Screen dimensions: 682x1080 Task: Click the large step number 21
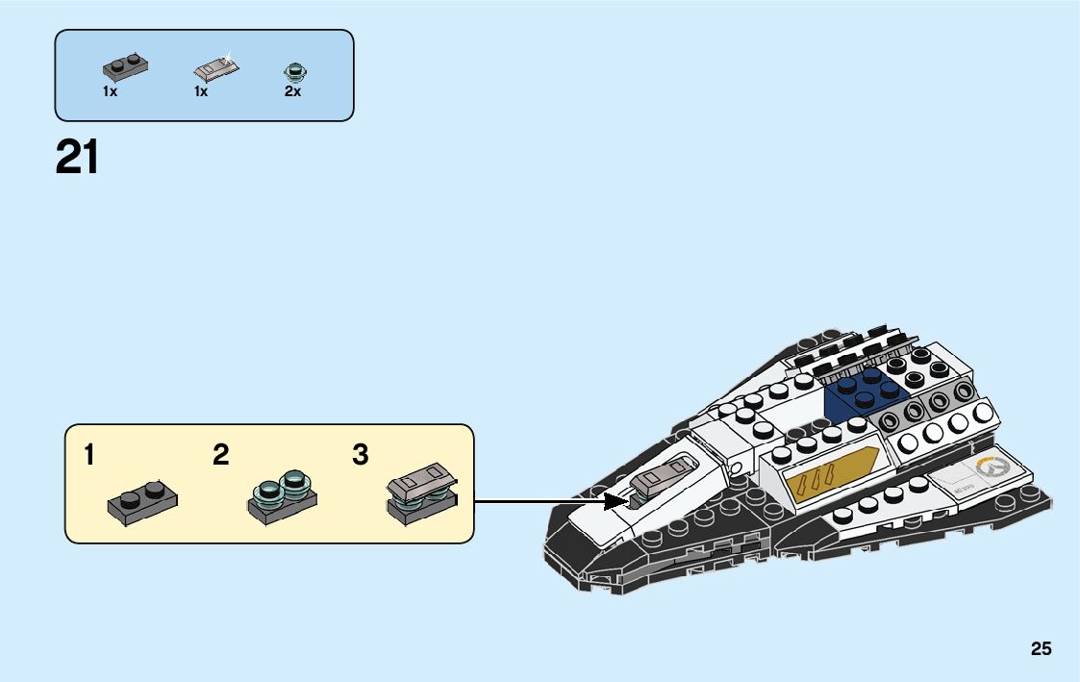77,158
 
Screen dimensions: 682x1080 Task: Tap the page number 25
1042,649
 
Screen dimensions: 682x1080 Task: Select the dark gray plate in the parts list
125,66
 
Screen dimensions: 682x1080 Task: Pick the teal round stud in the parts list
292,70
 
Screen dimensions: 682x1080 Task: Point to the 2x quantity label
292,91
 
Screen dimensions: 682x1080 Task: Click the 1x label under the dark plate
110,91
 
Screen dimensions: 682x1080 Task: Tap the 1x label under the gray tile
201,91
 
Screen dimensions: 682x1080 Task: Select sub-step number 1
89,455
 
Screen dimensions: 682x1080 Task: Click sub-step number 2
221,455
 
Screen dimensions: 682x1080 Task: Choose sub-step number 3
361,455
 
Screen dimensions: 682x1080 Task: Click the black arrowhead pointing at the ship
615,500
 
